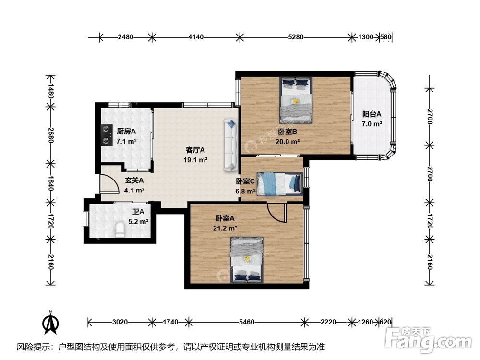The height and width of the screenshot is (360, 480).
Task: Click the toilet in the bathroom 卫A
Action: click(x=120, y=230)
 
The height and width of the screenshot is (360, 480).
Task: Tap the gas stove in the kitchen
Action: click(x=106, y=135)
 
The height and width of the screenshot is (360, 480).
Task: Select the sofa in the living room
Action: click(x=231, y=145)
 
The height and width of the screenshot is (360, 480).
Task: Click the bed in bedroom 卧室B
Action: click(x=296, y=100)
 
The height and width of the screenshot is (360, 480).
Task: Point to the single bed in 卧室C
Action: click(x=280, y=184)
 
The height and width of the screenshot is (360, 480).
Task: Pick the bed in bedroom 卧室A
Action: click(x=247, y=260)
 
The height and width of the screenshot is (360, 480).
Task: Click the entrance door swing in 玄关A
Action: click(x=109, y=184)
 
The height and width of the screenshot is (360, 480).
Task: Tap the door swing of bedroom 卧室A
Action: click(x=276, y=212)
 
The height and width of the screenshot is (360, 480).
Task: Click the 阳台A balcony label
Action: click(x=372, y=114)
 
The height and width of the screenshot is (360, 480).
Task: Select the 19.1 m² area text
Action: click(x=195, y=160)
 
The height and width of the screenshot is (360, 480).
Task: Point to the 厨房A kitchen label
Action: click(x=126, y=132)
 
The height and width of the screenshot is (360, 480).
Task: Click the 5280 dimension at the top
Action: click(x=296, y=37)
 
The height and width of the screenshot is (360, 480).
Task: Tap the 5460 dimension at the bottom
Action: click(x=246, y=322)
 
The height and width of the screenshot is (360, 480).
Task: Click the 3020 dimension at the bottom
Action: click(x=120, y=322)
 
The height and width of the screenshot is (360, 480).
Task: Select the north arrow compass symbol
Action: click(x=51, y=323)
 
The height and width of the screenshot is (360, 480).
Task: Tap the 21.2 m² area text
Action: click(x=225, y=228)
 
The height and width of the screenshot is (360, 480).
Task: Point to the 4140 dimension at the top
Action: click(x=196, y=37)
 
